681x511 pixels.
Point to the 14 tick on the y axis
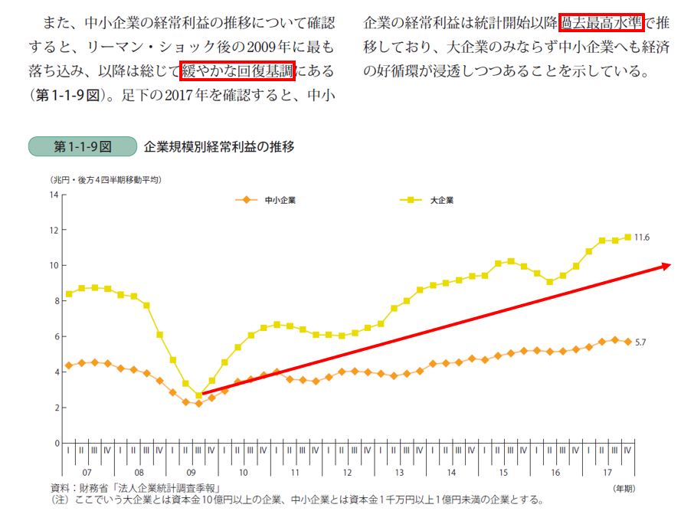[x=54, y=195]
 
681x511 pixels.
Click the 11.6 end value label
[x=642, y=237]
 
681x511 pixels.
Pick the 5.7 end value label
[x=641, y=342]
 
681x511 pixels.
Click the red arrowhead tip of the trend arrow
[x=670, y=265]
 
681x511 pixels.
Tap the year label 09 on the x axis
[x=191, y=473]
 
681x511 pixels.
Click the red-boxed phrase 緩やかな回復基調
[x=238, y=71]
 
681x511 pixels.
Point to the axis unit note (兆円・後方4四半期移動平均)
[x=106, y=179]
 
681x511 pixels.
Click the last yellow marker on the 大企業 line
[x=628, y=237]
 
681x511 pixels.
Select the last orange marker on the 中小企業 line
[x=628, y=342]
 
